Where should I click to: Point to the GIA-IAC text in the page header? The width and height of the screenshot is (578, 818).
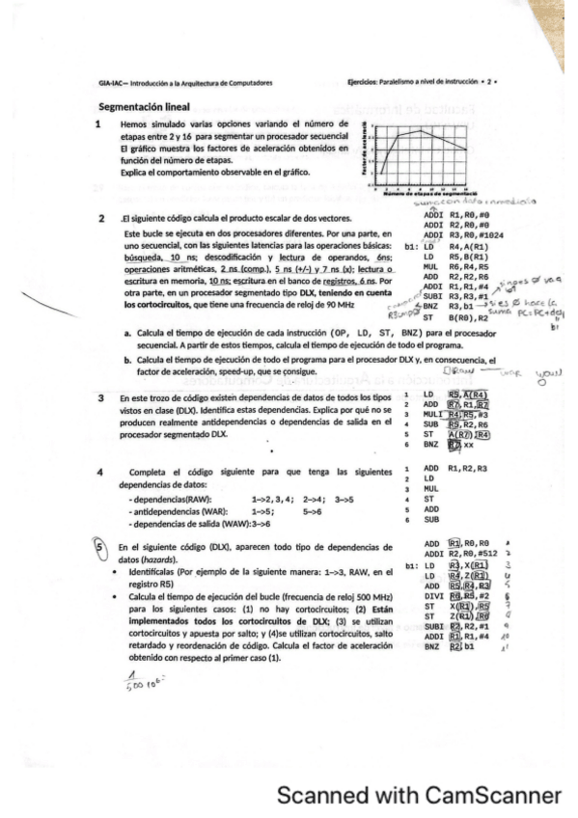(x=108, y=83)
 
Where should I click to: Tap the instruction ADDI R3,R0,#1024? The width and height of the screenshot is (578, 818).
(x=455, y=208)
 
